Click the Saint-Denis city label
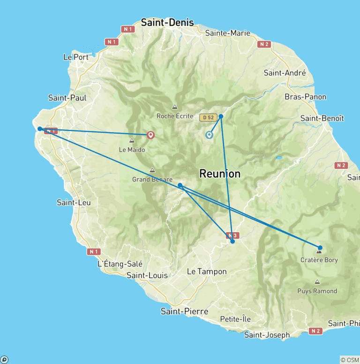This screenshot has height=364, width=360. pos(167,23)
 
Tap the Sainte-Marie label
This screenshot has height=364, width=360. pos(228,33)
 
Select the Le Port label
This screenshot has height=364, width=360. pos(75,57)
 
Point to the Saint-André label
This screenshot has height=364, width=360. pos(285,73)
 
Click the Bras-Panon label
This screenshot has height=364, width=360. pos(305,97)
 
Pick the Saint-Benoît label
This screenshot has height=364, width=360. pos(322,118)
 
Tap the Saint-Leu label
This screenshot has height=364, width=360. pos(74,203)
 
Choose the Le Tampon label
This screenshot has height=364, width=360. pos(207,272)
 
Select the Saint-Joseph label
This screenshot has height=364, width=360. pos(267,335)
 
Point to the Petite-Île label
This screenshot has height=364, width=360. pos(235,319)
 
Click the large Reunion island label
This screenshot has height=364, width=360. pos(220,174)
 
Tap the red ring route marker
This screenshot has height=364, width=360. pos(151,135)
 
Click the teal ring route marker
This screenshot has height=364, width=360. pos(209,135)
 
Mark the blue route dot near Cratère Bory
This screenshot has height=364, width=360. pos(320,248)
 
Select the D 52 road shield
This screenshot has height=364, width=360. pos(207,117)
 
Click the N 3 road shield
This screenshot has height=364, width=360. pos(233,235)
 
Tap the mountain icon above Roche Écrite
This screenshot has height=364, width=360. pos(175,107)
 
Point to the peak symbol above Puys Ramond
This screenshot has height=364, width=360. pos(317,282)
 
